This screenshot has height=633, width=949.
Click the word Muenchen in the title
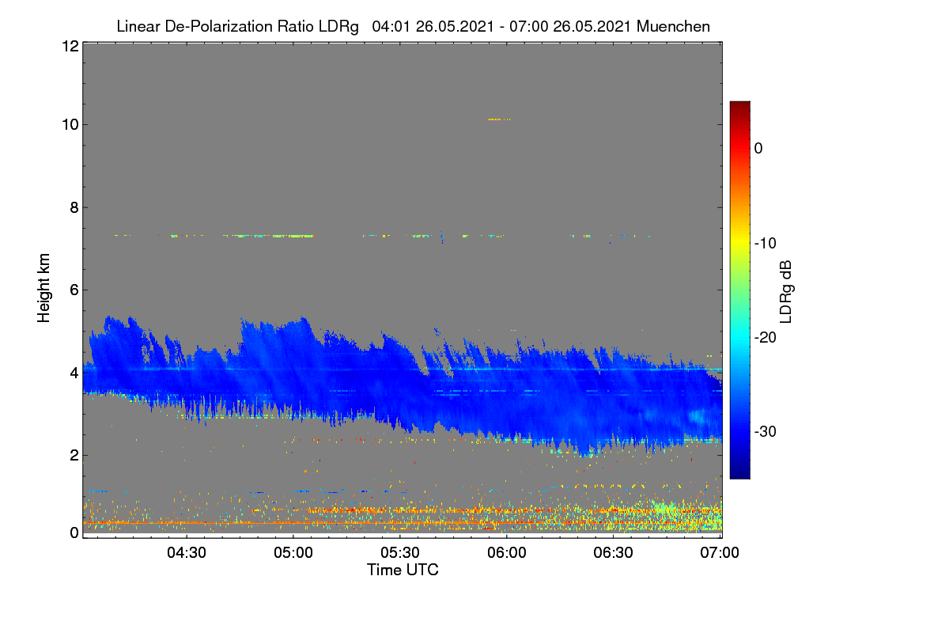[673, 26]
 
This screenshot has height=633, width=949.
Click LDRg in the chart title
[338, 27]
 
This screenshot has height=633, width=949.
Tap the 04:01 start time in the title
[391, 26]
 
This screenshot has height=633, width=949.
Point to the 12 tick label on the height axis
[70, 46]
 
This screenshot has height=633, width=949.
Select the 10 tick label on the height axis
[70, 125]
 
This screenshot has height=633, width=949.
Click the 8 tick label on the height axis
[74, 207]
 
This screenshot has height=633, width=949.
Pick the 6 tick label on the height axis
[74, 290]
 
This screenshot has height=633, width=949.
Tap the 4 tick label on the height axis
[74, 373]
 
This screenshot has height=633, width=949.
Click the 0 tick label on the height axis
[74, 533]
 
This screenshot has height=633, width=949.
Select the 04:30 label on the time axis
[187, 552]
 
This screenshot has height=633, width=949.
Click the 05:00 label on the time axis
[293, 552]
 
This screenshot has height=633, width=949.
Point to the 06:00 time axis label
[507, 552]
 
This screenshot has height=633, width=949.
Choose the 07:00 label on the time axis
[720, 552]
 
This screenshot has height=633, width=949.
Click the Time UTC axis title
[403, 570]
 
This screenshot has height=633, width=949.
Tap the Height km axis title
[43, 288]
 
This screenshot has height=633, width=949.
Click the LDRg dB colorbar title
[785, 292]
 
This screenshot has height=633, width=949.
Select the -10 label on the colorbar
[766, 244]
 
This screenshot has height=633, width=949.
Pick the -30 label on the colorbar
[766, 431]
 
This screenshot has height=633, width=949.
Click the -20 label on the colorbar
[766, 338]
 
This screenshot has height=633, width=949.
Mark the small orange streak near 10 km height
[499, 119]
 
